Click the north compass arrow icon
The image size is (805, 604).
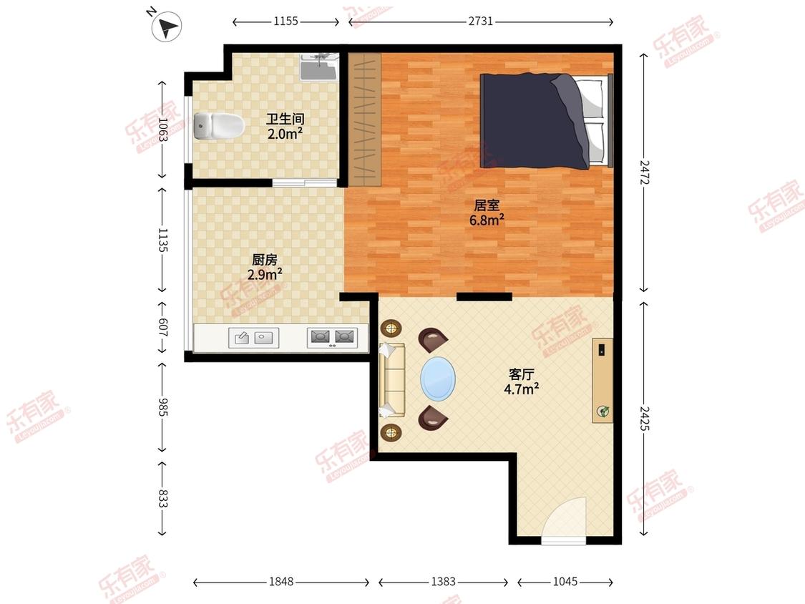166,26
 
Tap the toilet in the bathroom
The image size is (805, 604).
218,125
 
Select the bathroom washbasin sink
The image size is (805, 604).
319,67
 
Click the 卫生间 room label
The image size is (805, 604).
285,120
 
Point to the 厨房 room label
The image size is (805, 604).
265,260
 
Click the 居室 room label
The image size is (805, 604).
487,205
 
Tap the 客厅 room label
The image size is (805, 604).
522,374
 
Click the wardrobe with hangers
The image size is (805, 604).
364,120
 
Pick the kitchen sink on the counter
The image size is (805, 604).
253,338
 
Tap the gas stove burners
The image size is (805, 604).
332,338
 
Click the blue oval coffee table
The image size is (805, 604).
438,379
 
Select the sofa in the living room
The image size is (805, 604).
392,379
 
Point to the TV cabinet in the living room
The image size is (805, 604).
602,380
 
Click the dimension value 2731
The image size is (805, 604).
481,21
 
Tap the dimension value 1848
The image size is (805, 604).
281,581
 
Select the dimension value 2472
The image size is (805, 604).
644,172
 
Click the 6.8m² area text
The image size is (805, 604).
487,220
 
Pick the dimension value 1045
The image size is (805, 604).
565,581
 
